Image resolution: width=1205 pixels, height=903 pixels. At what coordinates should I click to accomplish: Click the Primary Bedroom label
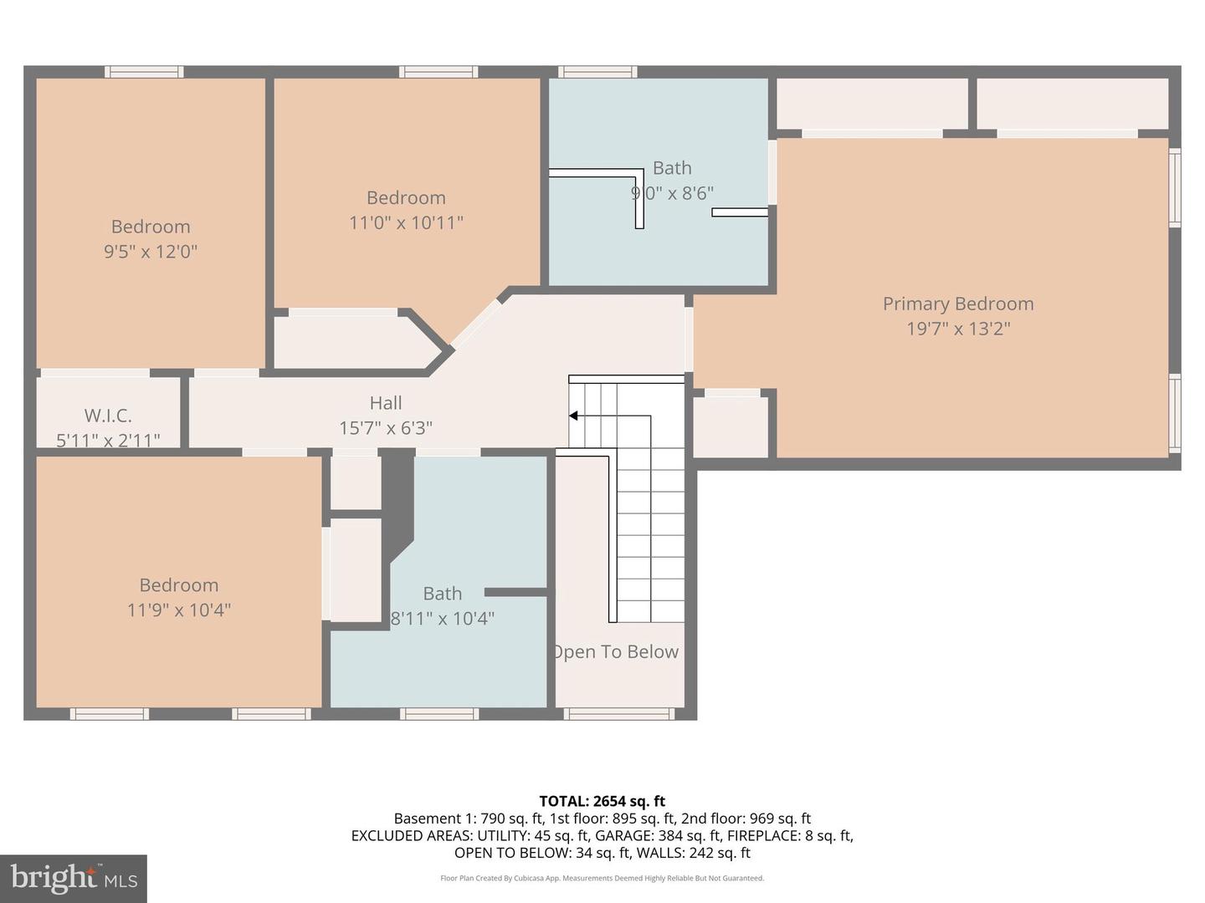(958, 304)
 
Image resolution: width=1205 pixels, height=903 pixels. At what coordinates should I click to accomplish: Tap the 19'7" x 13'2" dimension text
(958, 329)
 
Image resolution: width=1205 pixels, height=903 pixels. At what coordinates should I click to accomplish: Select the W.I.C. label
(108, 416)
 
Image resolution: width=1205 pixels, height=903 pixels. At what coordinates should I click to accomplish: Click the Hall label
(386, 403)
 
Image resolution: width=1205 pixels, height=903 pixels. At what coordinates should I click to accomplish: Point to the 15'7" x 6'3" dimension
(386, 428)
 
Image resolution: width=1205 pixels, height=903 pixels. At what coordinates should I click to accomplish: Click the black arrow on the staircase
(574, 416)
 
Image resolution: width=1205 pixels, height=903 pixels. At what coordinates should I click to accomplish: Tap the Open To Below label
(616, 652)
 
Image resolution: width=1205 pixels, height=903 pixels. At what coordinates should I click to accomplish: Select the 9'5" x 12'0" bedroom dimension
(151, 252)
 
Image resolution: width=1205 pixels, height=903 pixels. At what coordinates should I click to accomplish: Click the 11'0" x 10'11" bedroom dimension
(406, 222)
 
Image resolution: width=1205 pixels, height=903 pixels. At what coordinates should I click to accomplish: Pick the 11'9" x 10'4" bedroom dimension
(179, 610)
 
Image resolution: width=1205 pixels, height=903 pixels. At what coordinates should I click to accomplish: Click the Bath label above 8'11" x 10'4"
(443, 594)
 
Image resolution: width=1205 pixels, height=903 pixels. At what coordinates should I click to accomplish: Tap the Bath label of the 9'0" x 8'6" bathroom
(672, 168)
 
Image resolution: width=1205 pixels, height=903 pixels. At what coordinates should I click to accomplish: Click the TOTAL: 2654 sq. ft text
(602, 801)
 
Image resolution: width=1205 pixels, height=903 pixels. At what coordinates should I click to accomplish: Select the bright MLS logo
(74, 878)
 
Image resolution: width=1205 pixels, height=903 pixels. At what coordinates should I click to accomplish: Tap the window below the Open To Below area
(619, 714)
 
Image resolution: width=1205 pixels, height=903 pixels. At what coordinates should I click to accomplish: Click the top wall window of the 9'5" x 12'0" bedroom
(144, 72)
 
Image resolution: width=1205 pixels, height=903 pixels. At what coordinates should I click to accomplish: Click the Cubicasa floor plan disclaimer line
(602, 878)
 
